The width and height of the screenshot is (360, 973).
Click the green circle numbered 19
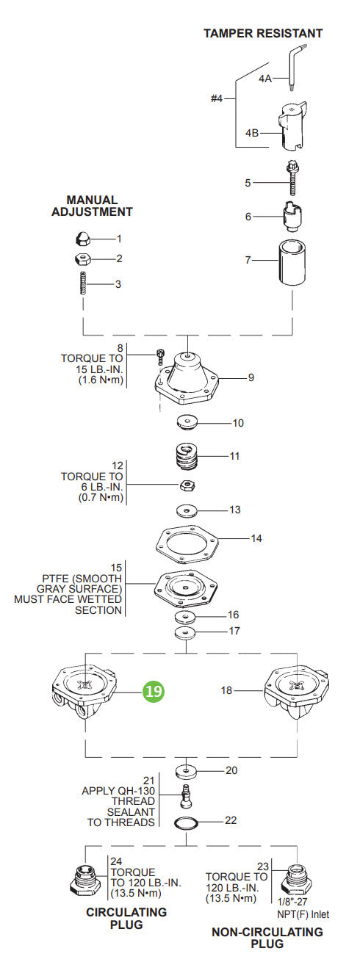pos(154,691)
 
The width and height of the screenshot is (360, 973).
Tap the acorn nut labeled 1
pos(83,239)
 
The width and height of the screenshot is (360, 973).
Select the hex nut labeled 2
pos(83,258)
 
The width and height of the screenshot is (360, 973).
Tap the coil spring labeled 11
pos(188,461)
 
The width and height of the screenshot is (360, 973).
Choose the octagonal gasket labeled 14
pos(188,544)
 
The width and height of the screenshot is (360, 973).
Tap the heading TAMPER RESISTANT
pos(263,33)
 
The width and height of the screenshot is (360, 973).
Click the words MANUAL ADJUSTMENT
pos(92,206)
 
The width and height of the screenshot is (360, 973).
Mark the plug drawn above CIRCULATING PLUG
pos(86,880)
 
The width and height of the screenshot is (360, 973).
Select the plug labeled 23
pos(295,878)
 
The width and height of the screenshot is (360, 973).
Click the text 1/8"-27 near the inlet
pos(295,902)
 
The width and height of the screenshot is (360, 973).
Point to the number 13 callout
pos(234,509)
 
